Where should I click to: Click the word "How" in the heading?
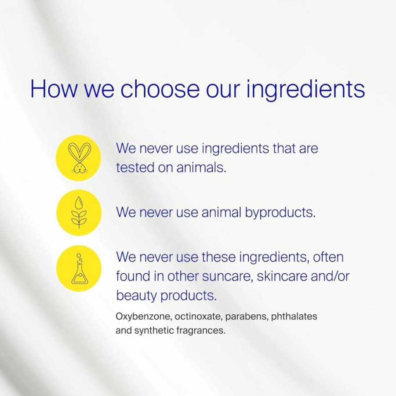[x=54, y=88]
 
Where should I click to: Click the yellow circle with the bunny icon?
[x=78, y=158]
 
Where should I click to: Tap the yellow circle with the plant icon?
[x=79, y=212]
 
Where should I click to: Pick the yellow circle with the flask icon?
[x=79, y=268]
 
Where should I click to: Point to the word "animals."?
[x=201, y=167]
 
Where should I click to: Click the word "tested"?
[x=135, y=167]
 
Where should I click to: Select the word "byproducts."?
[x=280, y=213]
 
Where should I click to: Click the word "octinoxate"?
[x=198, y=316]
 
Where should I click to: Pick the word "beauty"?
[x=136, y=295]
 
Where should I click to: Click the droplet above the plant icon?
[x=79, y=202]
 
